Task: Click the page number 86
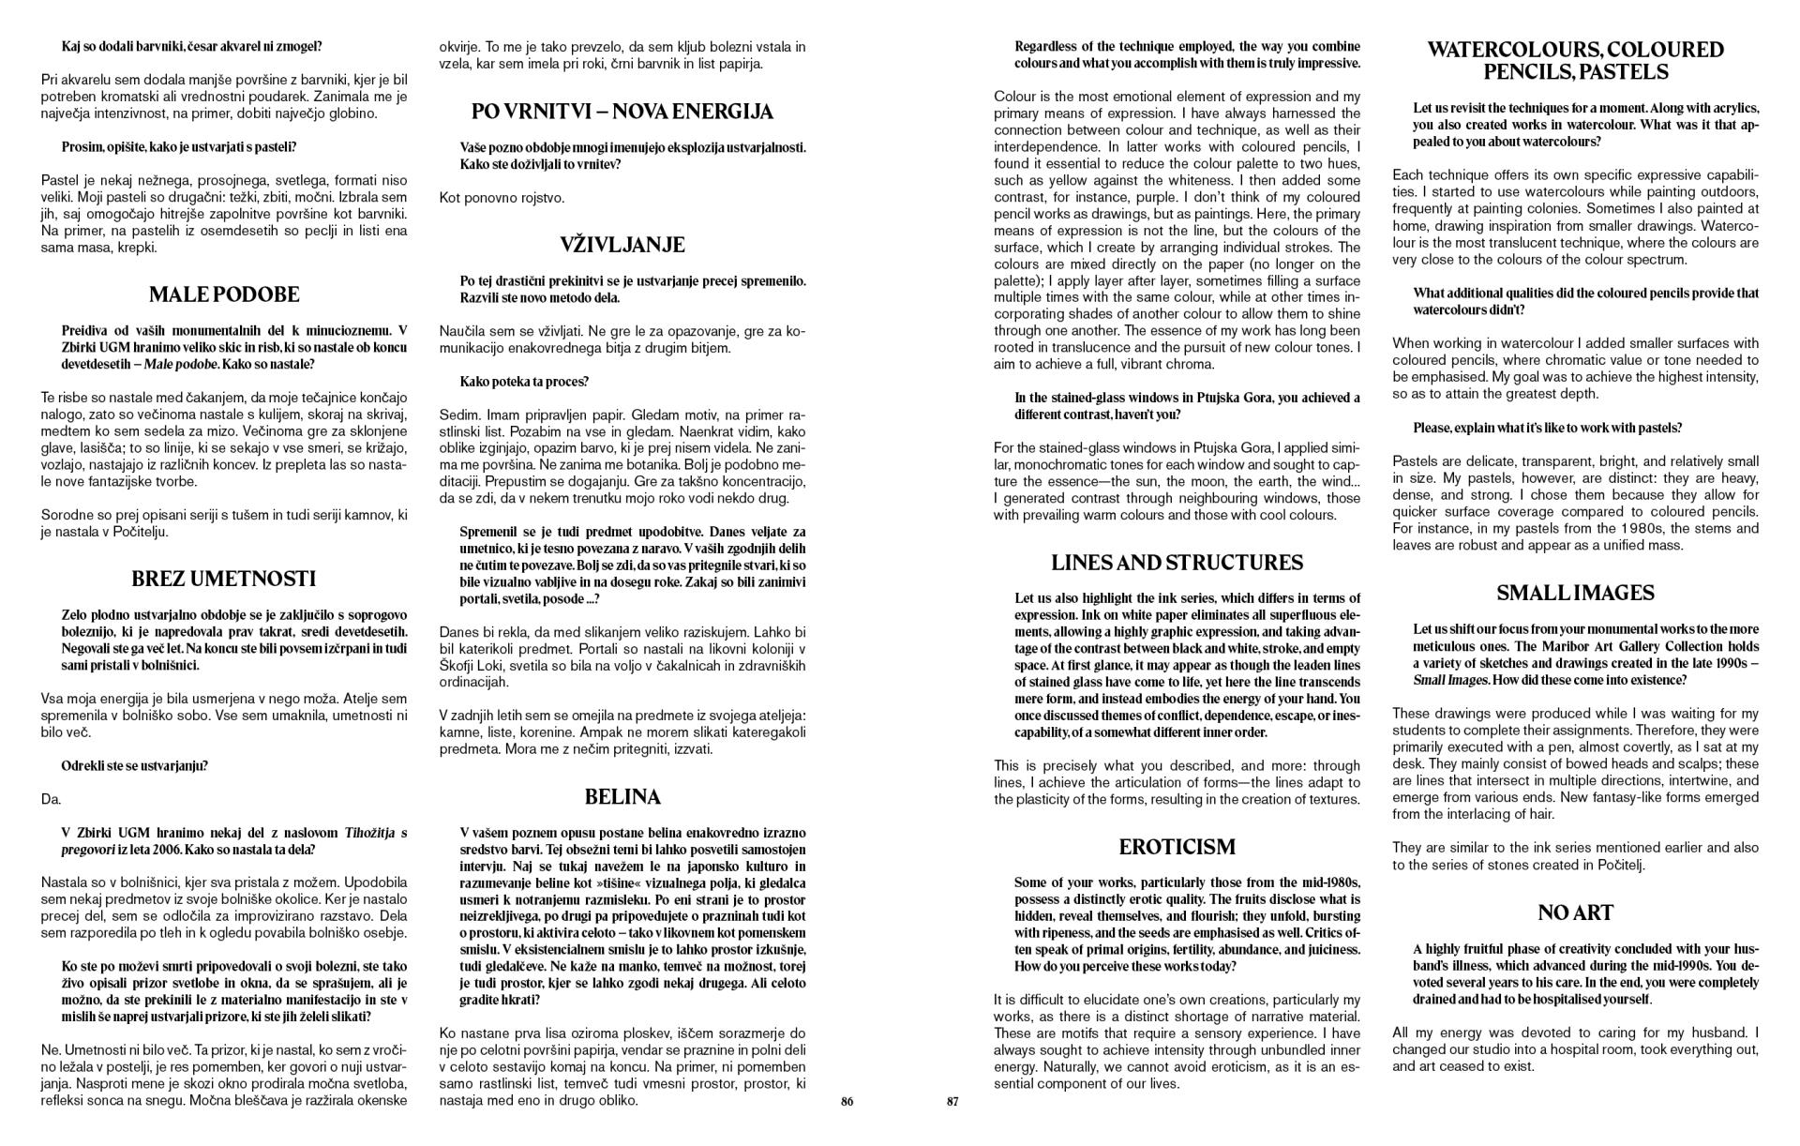coord(847,1102)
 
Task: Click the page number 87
coord(952,1102)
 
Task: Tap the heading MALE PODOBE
coord(224,294)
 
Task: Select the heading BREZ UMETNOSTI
coord(224,579)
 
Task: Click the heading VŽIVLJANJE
coord(622,245)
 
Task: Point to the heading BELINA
coord(622,797)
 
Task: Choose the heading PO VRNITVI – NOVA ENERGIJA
coord(622,112)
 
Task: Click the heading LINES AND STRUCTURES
coord(1177,563)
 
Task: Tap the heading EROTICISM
coord(1177,847)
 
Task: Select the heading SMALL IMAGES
coord(1575,593)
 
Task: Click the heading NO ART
coord(1575,912)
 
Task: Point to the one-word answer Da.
coord(51,799)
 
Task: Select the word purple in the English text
coord(1125,197)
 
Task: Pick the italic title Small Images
coord(1450,680)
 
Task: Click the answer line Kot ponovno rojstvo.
coord(502,198)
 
